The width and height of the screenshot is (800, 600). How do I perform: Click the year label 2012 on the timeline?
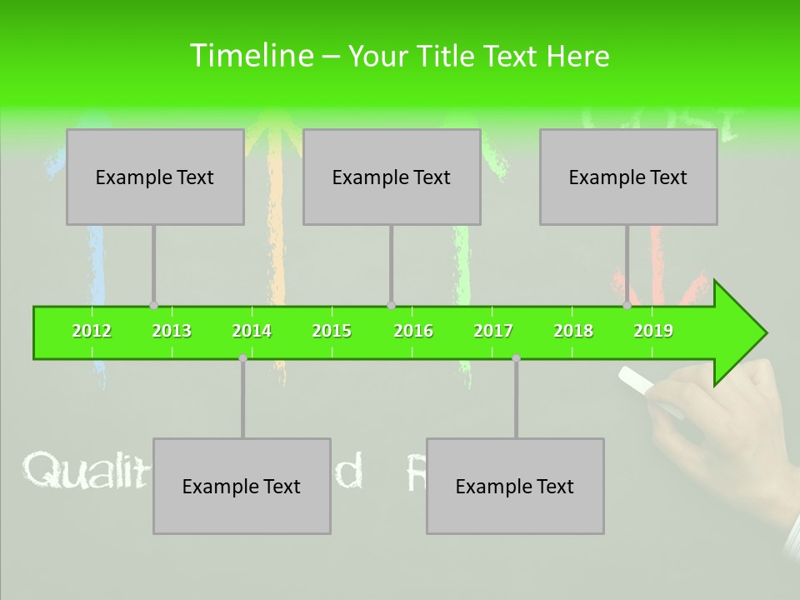coord(92,331)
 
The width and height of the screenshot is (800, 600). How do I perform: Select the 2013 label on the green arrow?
coord(172,331)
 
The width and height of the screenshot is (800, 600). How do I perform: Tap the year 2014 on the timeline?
coord(252,331)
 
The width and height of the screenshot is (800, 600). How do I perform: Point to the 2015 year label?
coord(332,331)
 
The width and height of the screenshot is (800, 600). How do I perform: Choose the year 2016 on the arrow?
coord(413,331)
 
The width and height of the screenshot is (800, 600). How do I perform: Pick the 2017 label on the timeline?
coord(493,331)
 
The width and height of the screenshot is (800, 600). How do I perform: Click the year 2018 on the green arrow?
coord(573,331)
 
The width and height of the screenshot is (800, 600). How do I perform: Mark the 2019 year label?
coord(653,331)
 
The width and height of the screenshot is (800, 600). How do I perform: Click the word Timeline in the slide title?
coord(250,56)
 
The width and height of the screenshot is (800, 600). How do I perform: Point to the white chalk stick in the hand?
coord(637,380)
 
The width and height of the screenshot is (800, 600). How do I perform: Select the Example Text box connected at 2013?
coord(155,177)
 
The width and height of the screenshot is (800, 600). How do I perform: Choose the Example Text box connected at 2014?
coord(242,486)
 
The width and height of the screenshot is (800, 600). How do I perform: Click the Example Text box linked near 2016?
coord(392,177)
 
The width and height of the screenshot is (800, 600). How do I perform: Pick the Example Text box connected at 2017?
coord(515,486)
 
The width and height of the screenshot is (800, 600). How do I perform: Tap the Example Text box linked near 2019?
coord(628,177)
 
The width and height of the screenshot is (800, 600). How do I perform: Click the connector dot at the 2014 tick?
coord(242,357)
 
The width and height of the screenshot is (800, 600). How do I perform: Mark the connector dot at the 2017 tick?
coord(516,357)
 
